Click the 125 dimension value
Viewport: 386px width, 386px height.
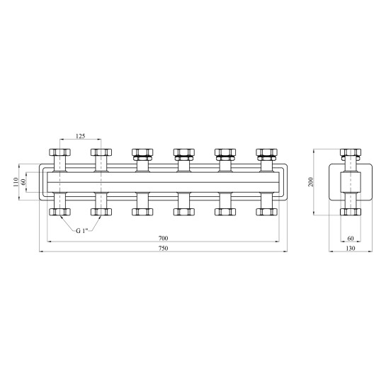pyautogui.click(x=80, y=136)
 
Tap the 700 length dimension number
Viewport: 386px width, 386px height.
pyautogui.click(x=163, y=238)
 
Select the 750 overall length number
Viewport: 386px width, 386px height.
pyautogui.click(x=163, y=248)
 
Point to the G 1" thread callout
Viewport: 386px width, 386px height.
pyautogui.click(x=82, y=231)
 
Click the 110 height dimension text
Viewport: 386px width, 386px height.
pyautogui.click(x=16, y=182)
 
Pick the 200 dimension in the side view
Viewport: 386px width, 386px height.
pyautogui.click(x=311, y=182)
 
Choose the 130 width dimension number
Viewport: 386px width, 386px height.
pyautogui.click(x=351, y=248)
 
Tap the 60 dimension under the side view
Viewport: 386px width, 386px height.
pyautogui.click(x=351, y=238)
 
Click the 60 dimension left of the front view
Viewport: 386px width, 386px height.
pyautogui.click(x=23, y=182)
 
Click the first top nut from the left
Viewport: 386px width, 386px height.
pyautogui.click(x=59, y=152)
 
